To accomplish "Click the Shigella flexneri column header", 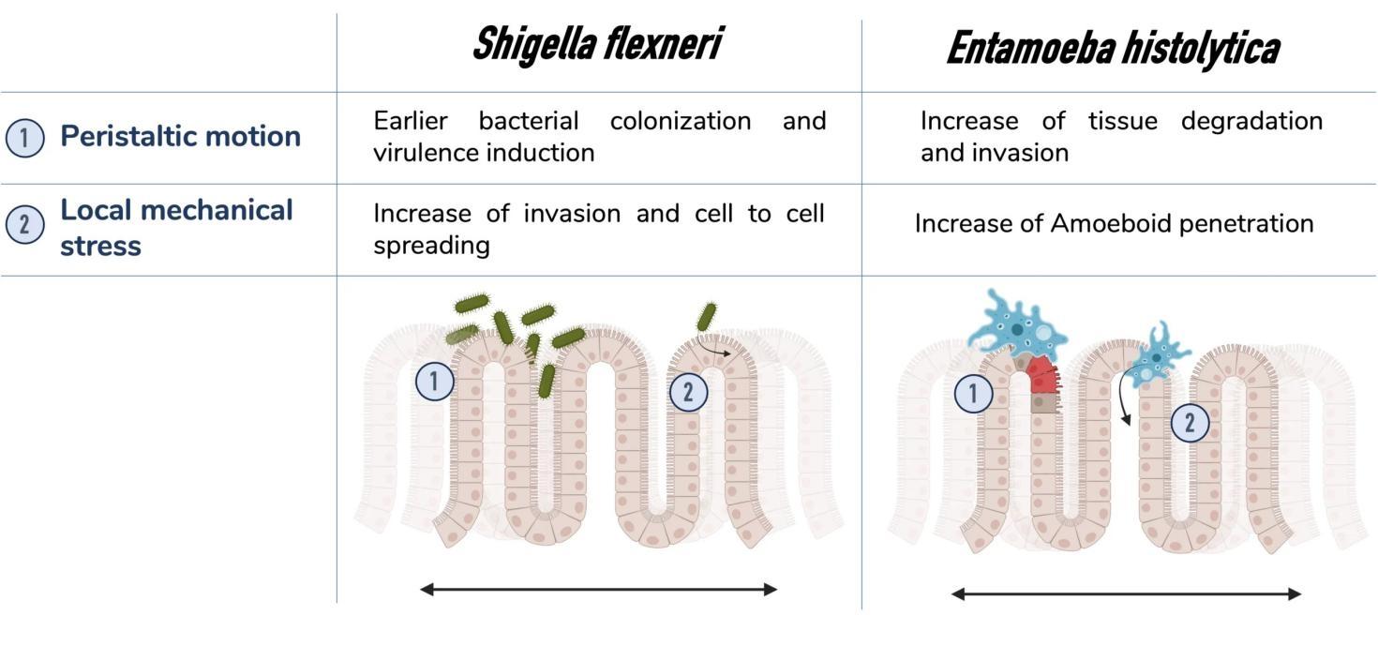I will pyautogui.click(x=597, y=44).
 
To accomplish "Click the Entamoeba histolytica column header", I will pyautogui.click(x=1112, y=48).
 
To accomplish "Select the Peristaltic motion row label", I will pyautogui.click(x=180, y=136).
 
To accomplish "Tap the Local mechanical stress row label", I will pyautogui.click(x=176, y=227).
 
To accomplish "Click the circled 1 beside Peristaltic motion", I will pyautogui.click(x=24, y=139).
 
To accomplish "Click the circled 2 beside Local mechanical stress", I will pyautogui.click(x=24, y=225).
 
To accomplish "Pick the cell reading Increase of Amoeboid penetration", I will pyautogui.click(x=1114, y=223).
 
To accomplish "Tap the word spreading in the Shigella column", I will pyautogui.click(x=431, y=245).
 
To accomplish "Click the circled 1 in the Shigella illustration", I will pyautogui.click(x=434, y=382).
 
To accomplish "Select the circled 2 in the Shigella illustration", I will pyautogui.click(x=688, y=392).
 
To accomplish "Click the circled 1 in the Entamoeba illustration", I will pyautogui.click(x=973, y=394).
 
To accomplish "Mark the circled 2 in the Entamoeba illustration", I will pyautogui.click(x=1190, y=423).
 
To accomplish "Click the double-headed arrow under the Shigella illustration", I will pyautogui.click(x=598, y=589).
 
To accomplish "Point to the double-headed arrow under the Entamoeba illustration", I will pyautogui.click(x=1126, y=593).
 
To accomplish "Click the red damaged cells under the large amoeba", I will pyautogui.click(x=1041, y=375).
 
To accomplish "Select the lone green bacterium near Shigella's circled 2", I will pyautogui.click(x=706, y=316).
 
